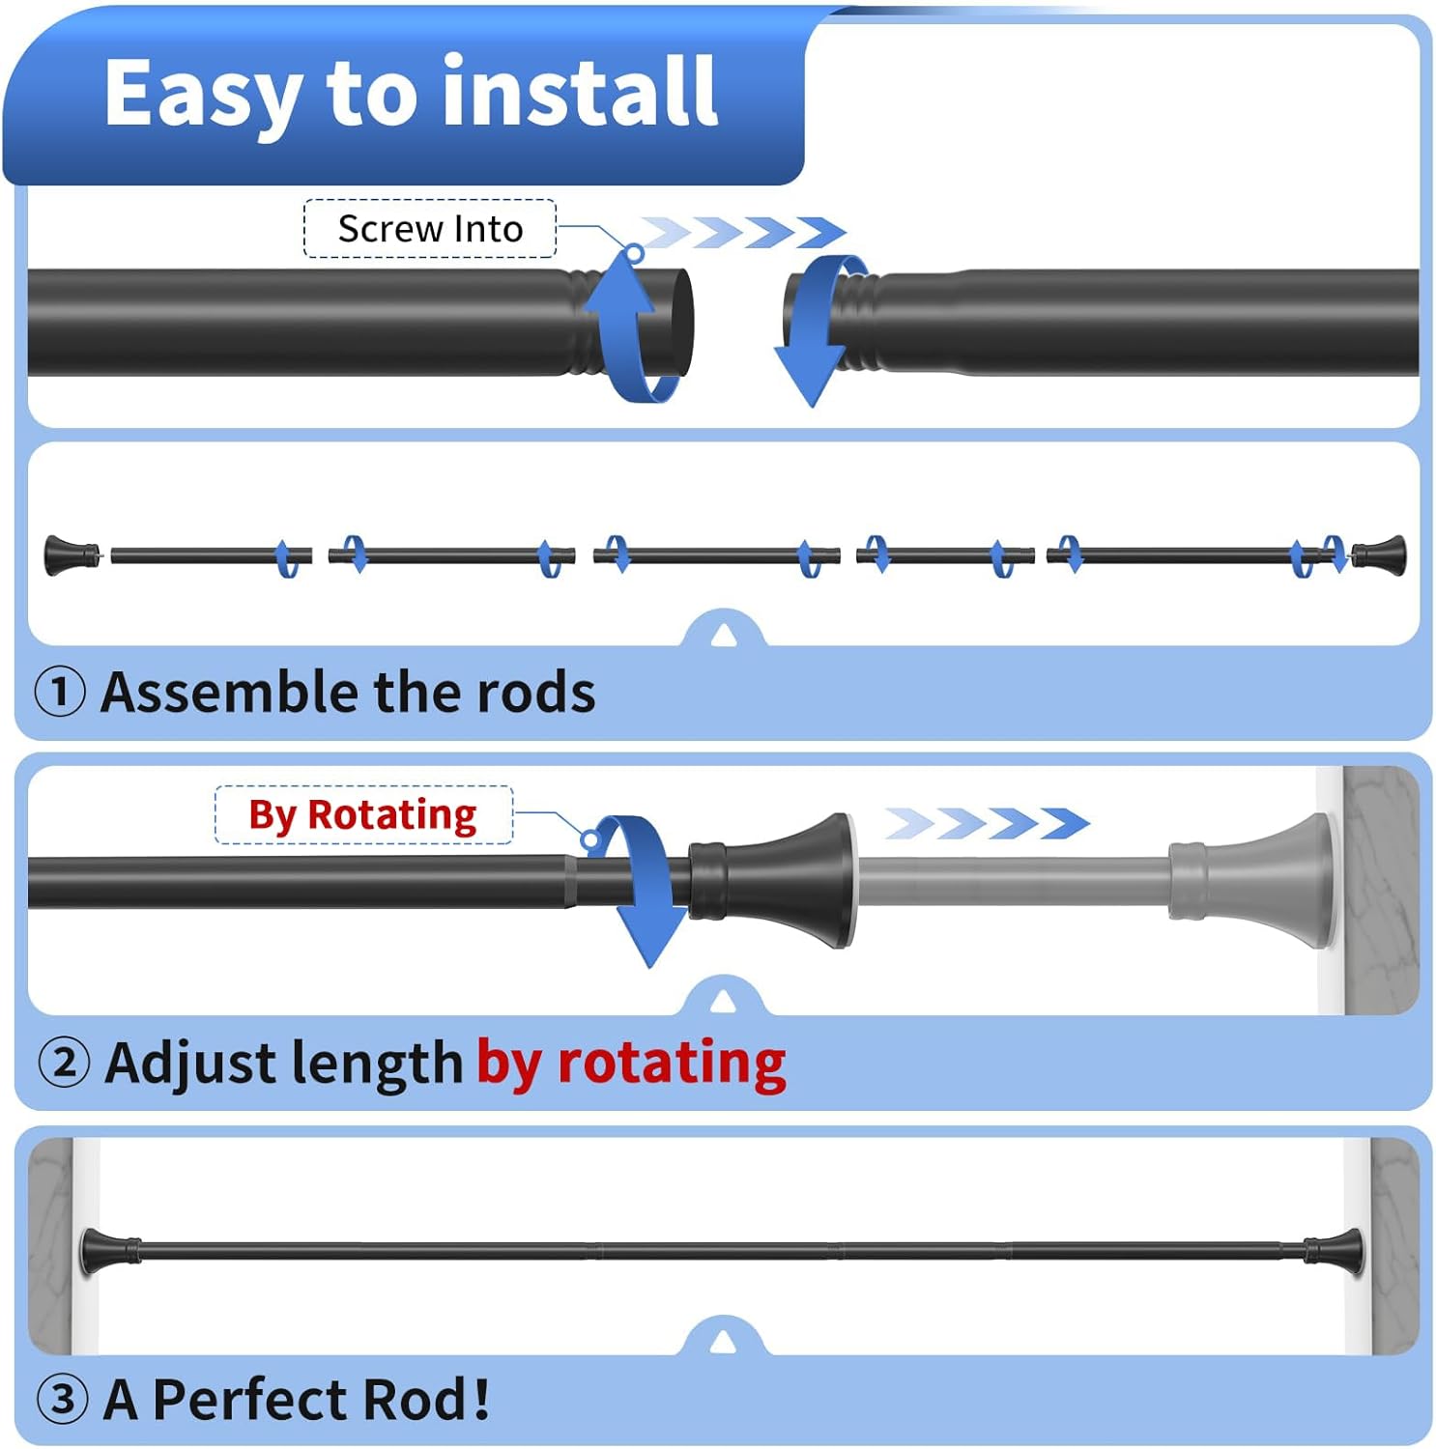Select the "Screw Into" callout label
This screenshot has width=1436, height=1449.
430,229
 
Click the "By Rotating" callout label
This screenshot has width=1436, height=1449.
362,815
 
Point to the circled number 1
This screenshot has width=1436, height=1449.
60,693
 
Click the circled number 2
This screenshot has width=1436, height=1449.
64,1063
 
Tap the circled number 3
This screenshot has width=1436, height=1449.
63,1399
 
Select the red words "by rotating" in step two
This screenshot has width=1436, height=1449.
631,1063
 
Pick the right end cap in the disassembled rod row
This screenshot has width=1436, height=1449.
1379,554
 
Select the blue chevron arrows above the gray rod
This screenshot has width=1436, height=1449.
986,824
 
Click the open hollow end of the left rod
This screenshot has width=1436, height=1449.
680,323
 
